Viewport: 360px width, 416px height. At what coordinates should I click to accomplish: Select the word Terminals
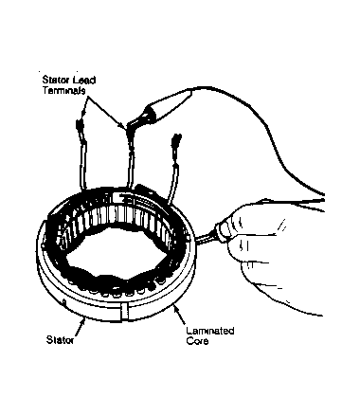pyautogui.click(x=64, y=90)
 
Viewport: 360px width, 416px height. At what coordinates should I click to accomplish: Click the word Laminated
pyautogui.click(x=210, y=331)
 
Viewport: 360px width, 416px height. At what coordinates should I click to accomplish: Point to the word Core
pyautogui.click(x=197, y=341)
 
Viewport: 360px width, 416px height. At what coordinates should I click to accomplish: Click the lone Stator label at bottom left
pyautogui.click(x=60, y=340)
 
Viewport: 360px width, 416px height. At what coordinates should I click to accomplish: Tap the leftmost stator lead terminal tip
pyautogui.click(x=79, y=126)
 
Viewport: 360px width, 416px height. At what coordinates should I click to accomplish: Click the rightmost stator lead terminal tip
pyautogui.click(x=177, y=139)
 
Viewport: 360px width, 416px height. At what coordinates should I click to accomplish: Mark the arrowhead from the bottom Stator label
pyautogui.click(x=83, y=321)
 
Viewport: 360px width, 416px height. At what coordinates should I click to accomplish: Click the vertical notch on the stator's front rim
pyautogui.click(x=124, y=313)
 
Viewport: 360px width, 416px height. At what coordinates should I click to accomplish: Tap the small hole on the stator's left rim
pyautogui.click(x=64, y=303)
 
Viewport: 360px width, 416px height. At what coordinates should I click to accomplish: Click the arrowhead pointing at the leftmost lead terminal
pyautogui.click(x=83, y=113)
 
